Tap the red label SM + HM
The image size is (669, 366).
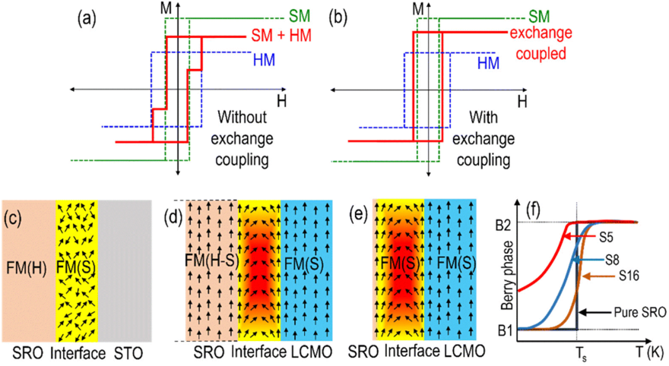[282, 36]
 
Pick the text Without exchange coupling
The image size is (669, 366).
[247, 138]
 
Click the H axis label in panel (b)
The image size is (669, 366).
[522, 99]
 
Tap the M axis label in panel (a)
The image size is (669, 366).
[165, 8]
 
